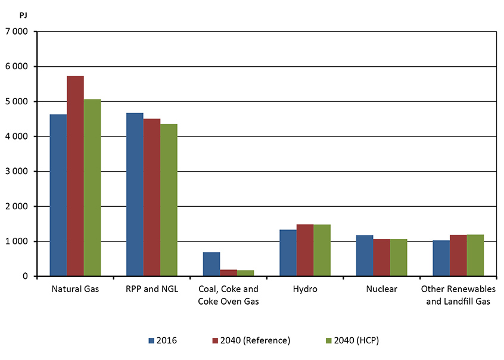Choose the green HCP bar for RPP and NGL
(x=169, y=200)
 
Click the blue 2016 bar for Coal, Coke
(x=211, y=264)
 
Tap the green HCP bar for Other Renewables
(x=475, y=255)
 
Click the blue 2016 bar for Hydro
(x=288, y=253)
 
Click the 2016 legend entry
(x=163, y=340)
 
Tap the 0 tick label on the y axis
(x=25, y=277)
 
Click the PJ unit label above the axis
(x=15, y=13)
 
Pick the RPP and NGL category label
(x=151, y=290)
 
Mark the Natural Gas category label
(x=75, y=290)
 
